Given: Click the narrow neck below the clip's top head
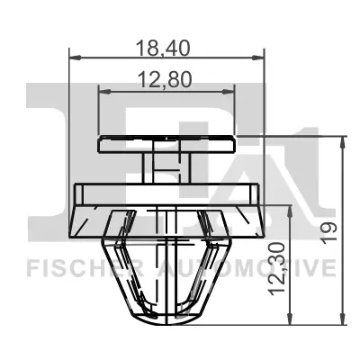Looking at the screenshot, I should click(x=166, y=165).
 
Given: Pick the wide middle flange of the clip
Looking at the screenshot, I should click(x=166, y=193).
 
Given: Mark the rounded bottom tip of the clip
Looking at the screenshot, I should click(x=166, y=315).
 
